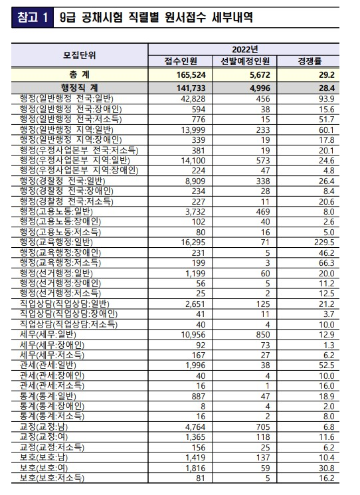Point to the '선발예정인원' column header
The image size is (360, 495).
point(252,61)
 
